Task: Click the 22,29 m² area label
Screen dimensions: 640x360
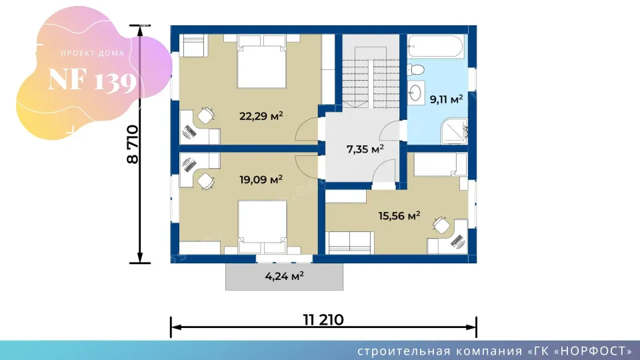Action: (261, 116)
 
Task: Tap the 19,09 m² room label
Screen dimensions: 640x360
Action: (261, 179)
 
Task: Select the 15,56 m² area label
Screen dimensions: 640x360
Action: (399, 215)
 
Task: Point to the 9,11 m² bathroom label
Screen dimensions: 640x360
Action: (446, 99)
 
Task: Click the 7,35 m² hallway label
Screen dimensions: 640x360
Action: (365, 149)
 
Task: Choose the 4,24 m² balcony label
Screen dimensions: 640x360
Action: (285, 276)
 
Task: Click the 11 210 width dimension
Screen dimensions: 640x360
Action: (323, 319)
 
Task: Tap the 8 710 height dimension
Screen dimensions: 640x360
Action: (133, 145)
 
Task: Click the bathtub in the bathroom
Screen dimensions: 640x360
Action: (435, 47)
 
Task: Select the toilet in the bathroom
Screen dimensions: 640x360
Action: (415, 70)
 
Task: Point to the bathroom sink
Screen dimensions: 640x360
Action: (415, 93)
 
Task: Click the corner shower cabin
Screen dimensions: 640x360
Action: (454, 131)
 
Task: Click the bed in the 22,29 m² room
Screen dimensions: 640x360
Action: (261, 61)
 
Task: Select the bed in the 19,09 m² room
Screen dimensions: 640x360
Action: (263, 227)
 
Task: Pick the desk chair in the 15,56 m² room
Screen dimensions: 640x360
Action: (441, 225)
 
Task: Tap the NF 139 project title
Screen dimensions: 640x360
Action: (92, 80)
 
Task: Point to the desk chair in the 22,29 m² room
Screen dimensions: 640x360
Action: (206, 115)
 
